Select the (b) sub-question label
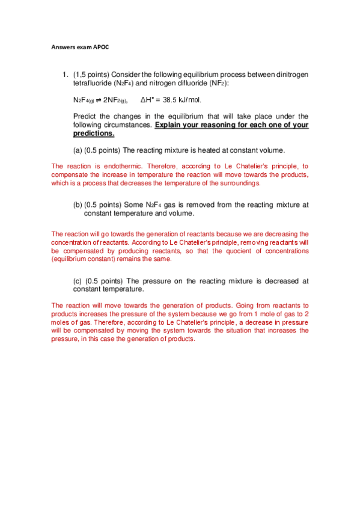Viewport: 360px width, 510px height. (78, 204)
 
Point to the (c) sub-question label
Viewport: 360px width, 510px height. (78, 280)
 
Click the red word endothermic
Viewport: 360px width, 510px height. (112, 166)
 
